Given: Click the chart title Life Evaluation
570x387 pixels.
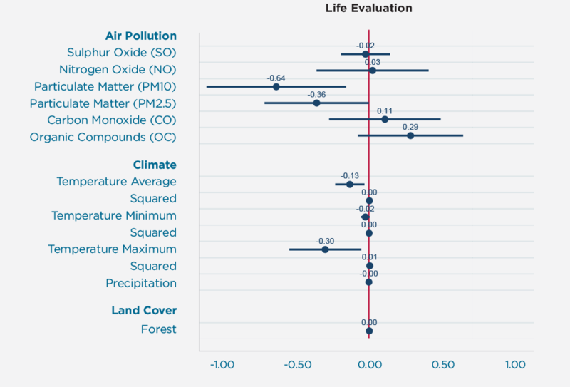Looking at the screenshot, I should [x=368, y=9].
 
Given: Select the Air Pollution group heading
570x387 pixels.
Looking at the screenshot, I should [x=140, y=36].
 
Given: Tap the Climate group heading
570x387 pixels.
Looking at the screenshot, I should [x=155, y=165].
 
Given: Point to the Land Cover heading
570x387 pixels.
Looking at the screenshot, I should [x=144, y=310].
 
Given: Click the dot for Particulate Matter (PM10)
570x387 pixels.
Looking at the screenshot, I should [x=276, y=87].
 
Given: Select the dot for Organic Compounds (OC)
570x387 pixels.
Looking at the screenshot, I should [x=410, y=135].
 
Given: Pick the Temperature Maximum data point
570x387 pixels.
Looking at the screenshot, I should [x=325, y=249].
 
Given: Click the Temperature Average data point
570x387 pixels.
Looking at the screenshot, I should [x=350, y=184].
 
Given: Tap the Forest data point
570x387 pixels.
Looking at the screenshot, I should [x=369, y=331].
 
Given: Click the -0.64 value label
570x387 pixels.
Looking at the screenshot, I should [x=276, y=78].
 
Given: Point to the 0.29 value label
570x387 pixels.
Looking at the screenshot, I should [x=410, y=126].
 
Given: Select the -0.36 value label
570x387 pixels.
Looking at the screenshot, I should [x=316, y=94].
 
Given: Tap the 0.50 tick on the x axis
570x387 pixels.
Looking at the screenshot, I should [x=442, y=365].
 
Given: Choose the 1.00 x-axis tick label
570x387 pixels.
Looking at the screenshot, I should [x=515, y=365].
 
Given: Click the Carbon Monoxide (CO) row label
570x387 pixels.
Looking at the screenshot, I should [x=111, y=120].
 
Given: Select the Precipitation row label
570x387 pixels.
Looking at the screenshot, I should [x=141, y=283].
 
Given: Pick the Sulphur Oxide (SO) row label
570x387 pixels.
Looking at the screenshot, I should [x=121, y=53].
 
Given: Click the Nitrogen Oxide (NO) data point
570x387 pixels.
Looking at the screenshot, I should [x=373, y=71].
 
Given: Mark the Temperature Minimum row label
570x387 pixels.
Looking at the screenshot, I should [x=114, y=215].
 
